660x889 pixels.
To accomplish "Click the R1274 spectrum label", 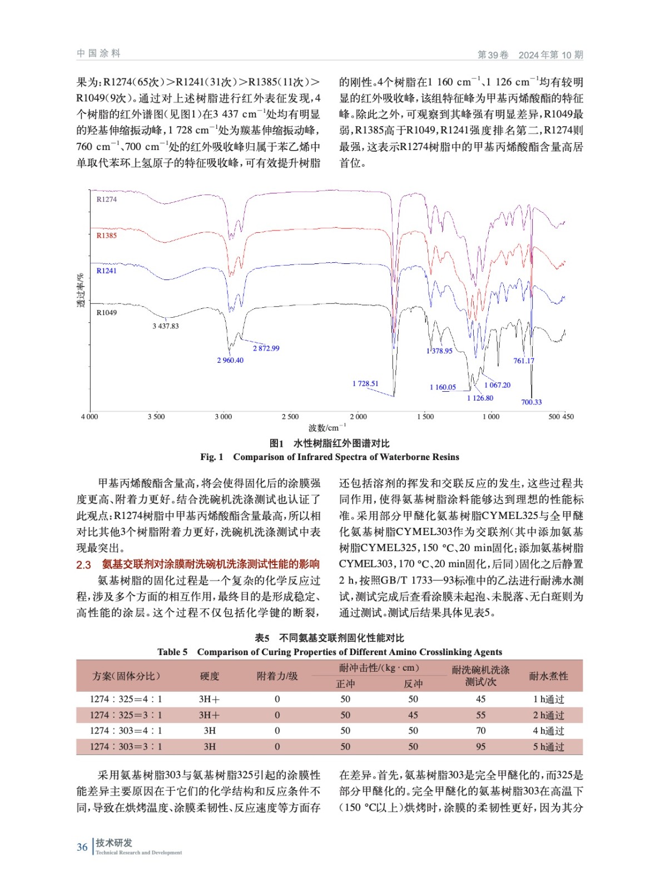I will [106, 199].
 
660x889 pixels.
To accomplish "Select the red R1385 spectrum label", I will [106, 236].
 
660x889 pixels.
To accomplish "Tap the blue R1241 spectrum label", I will [106, 271].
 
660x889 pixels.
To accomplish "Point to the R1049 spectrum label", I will [106, 313].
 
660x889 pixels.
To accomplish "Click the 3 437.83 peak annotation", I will [166, 326].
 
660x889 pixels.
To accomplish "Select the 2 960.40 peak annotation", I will [230, 361].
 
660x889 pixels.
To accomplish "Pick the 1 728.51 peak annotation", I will [365, 384].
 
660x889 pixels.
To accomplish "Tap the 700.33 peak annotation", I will [531, 402].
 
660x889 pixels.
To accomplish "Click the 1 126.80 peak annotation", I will [480, 398].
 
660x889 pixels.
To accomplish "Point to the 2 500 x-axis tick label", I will [290, 417].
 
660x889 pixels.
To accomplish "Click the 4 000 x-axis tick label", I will [90, 417].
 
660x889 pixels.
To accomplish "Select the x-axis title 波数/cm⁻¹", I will [327, 428].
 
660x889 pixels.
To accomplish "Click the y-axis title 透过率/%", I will [81, 291].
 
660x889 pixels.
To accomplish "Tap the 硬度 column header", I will [210, 676].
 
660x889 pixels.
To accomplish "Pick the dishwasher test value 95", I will [480, 747].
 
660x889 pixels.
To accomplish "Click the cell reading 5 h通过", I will [548, 747].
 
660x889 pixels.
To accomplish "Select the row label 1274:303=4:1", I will [126, 731].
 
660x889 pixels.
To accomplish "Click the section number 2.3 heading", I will [83, 565].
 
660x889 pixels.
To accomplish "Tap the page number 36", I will [82, 847].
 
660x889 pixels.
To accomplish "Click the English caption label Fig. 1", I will [212, 457].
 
